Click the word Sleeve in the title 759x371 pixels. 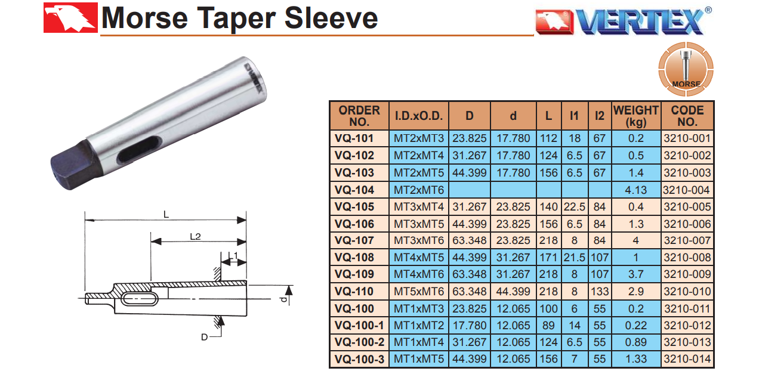tap(331, 18)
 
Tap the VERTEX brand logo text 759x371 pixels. tap(641, 22)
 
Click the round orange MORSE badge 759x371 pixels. tap(686, 69)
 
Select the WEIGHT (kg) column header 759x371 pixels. tap(636, 116)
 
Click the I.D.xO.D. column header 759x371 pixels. tap(419, 116)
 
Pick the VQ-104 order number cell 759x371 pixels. tap(354, 190)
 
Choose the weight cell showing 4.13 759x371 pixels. tap(635, 190)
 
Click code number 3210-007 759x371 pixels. tap(687, 240)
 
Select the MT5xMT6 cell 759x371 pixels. tap(419, 292)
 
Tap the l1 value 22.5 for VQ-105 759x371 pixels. tap(575, 207)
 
